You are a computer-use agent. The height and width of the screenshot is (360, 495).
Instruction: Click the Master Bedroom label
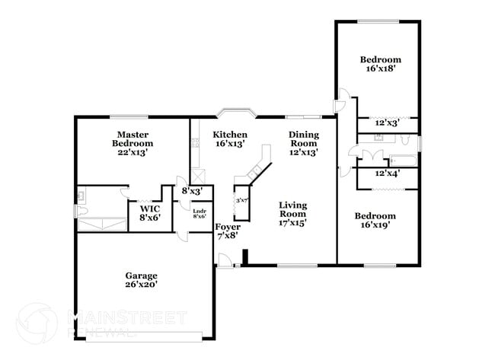click(132, 143)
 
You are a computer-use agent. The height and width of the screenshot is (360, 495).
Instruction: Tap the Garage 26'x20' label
click(142, 280)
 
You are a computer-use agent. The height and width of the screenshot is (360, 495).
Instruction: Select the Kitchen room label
click(229, 139)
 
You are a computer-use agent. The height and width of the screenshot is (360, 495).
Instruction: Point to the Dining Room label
click(302, 143)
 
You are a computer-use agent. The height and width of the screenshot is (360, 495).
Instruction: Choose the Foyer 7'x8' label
click(227, 231)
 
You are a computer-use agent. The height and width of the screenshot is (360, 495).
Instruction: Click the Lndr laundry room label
click(200, 214)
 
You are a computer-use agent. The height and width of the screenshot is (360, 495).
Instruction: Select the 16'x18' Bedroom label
click(380, 63)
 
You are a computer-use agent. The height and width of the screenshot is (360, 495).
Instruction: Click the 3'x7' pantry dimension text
click(243, 199)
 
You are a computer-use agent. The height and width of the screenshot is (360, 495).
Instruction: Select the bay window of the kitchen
click(237, 113)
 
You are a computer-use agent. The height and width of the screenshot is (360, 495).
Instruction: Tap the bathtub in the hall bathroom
click(402, 160)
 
